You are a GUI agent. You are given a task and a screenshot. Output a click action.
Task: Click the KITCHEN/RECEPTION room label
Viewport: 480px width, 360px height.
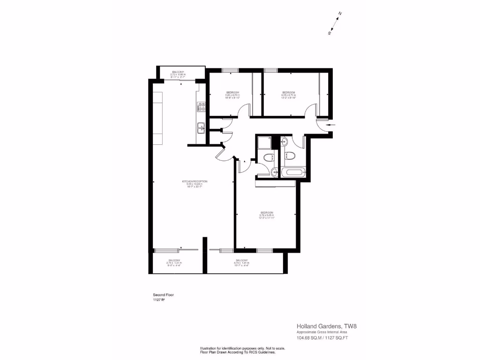(195, 183)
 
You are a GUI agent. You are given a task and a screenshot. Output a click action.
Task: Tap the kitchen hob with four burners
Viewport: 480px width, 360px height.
(201, 107)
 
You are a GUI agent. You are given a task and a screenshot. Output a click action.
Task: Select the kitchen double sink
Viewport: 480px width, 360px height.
(201, 127)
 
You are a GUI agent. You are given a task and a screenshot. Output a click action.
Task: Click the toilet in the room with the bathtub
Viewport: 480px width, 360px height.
(291, 157)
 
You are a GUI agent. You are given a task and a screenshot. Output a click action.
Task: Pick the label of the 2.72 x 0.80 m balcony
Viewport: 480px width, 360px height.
(178, 74)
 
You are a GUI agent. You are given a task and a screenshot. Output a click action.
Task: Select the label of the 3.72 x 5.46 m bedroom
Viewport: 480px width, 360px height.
(266, 215)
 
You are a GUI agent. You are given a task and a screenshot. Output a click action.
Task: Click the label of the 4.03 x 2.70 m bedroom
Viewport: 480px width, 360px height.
(289, 94)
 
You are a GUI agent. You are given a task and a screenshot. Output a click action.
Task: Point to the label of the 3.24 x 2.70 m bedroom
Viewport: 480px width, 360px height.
(233, 94)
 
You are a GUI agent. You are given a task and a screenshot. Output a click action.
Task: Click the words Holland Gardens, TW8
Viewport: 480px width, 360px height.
(323, 326)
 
